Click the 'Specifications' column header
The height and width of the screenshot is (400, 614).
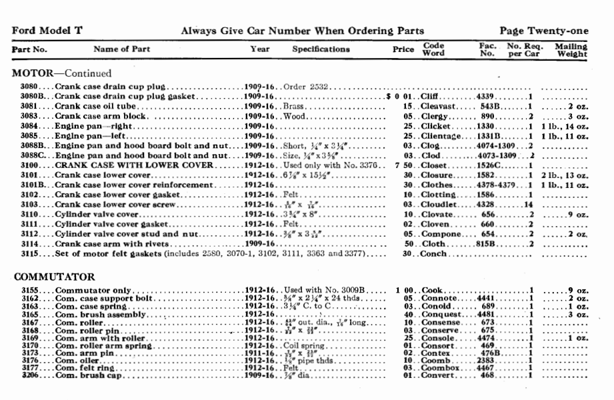[x=321, y=49]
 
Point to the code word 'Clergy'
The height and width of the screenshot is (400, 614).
[x=436, y=116]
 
